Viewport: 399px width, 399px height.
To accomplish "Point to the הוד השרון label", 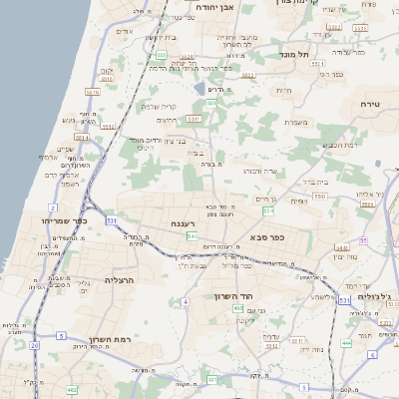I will (235, 296).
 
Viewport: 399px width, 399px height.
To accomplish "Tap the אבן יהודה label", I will (213, 7).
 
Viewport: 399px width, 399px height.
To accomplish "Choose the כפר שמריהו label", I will (65, 219).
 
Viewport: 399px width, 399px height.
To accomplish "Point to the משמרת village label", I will (293, 123).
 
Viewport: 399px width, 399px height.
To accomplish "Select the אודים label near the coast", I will (125, 32).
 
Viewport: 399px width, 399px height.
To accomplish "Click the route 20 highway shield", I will (34, 345).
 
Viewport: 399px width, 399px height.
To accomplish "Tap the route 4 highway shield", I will (185, 300).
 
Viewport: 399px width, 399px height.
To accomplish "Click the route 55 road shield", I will (363, 241).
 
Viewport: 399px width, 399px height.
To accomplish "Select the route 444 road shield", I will (346, 343).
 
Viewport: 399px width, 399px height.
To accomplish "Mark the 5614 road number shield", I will (82, 139).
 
